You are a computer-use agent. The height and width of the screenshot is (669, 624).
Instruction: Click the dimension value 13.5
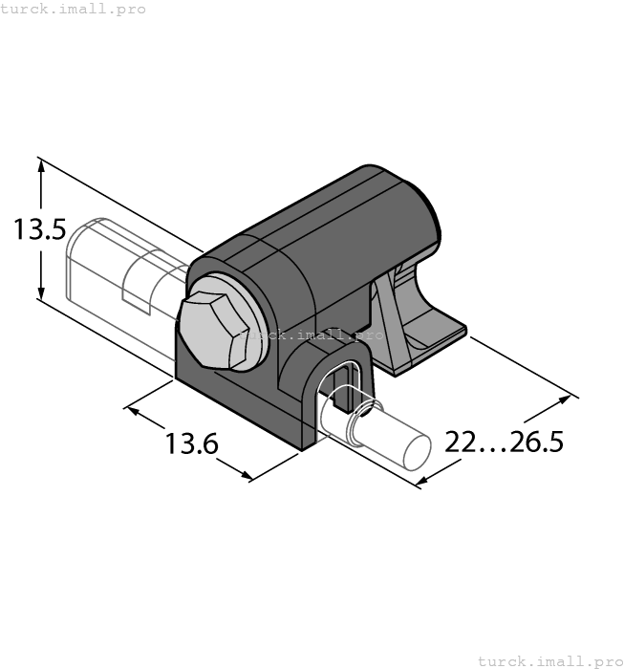tap(38, 230)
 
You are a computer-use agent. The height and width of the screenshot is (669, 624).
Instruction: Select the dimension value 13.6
tap(191, 443)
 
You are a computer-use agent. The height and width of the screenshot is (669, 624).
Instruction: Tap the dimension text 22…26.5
tap(505, 442)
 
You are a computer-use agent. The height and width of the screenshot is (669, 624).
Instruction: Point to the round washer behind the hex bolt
tap(250, 325)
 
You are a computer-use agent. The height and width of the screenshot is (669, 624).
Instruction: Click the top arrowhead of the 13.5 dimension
tap(41, 165)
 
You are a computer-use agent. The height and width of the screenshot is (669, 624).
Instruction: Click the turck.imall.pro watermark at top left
tap(74, 9)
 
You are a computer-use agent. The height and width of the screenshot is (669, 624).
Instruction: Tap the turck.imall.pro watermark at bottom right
tap(549, 660)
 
